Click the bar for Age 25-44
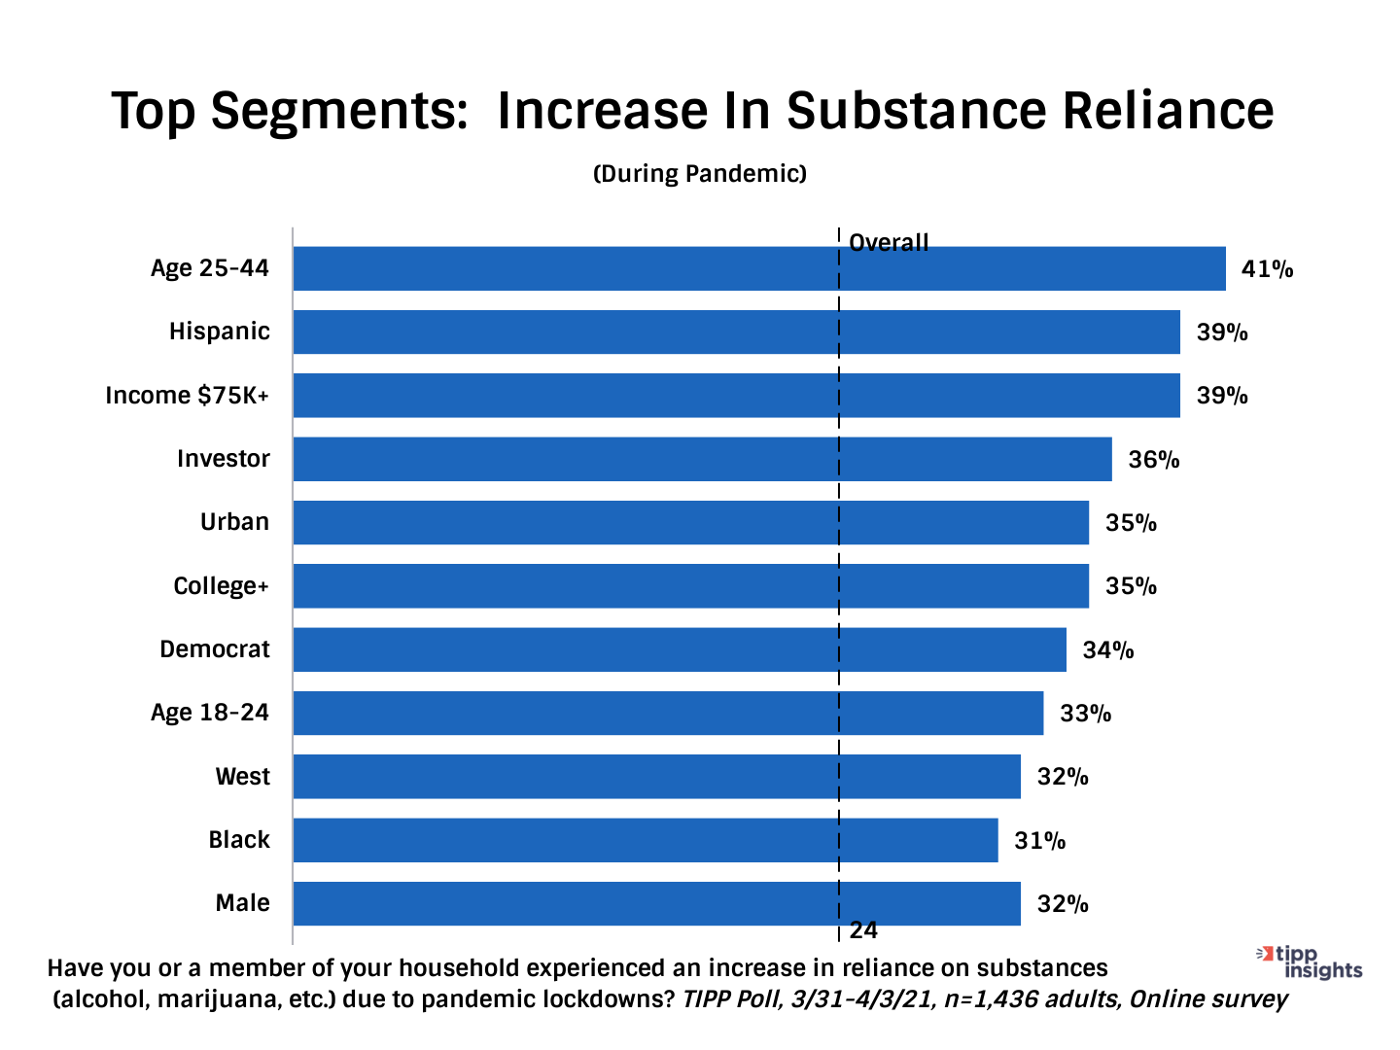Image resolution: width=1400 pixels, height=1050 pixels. [758, 268]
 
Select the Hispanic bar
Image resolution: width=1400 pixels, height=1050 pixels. [736, 332]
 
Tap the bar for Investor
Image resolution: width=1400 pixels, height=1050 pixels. [702, 459]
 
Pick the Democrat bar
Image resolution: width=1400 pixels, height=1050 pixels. [680, 649]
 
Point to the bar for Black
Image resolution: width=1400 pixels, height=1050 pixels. [646, 840]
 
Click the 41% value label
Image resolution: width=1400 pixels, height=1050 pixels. [1267, 269]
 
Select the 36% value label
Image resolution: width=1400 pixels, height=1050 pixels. [1153, 460]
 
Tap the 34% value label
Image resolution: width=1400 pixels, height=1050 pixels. [1107, 650]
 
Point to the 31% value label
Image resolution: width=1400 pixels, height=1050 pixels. [1039, 841]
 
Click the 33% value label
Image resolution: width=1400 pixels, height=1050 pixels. [1085, 714]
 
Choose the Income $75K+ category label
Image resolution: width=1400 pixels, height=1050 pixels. [187, 396]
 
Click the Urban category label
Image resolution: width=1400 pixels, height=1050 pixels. [234, 522]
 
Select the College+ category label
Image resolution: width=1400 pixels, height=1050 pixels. [221, 586]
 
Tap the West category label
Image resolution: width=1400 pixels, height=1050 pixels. [243, 777]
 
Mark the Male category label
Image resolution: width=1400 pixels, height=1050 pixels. [243, 903]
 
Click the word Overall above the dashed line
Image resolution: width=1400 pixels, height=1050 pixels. [889, 242]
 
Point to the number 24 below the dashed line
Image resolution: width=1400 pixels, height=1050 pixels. [863, 930]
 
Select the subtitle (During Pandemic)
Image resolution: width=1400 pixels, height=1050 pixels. [700, 174]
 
